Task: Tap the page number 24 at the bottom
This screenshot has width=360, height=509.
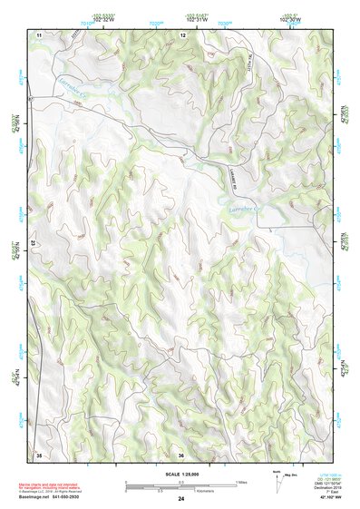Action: pos(181,499)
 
